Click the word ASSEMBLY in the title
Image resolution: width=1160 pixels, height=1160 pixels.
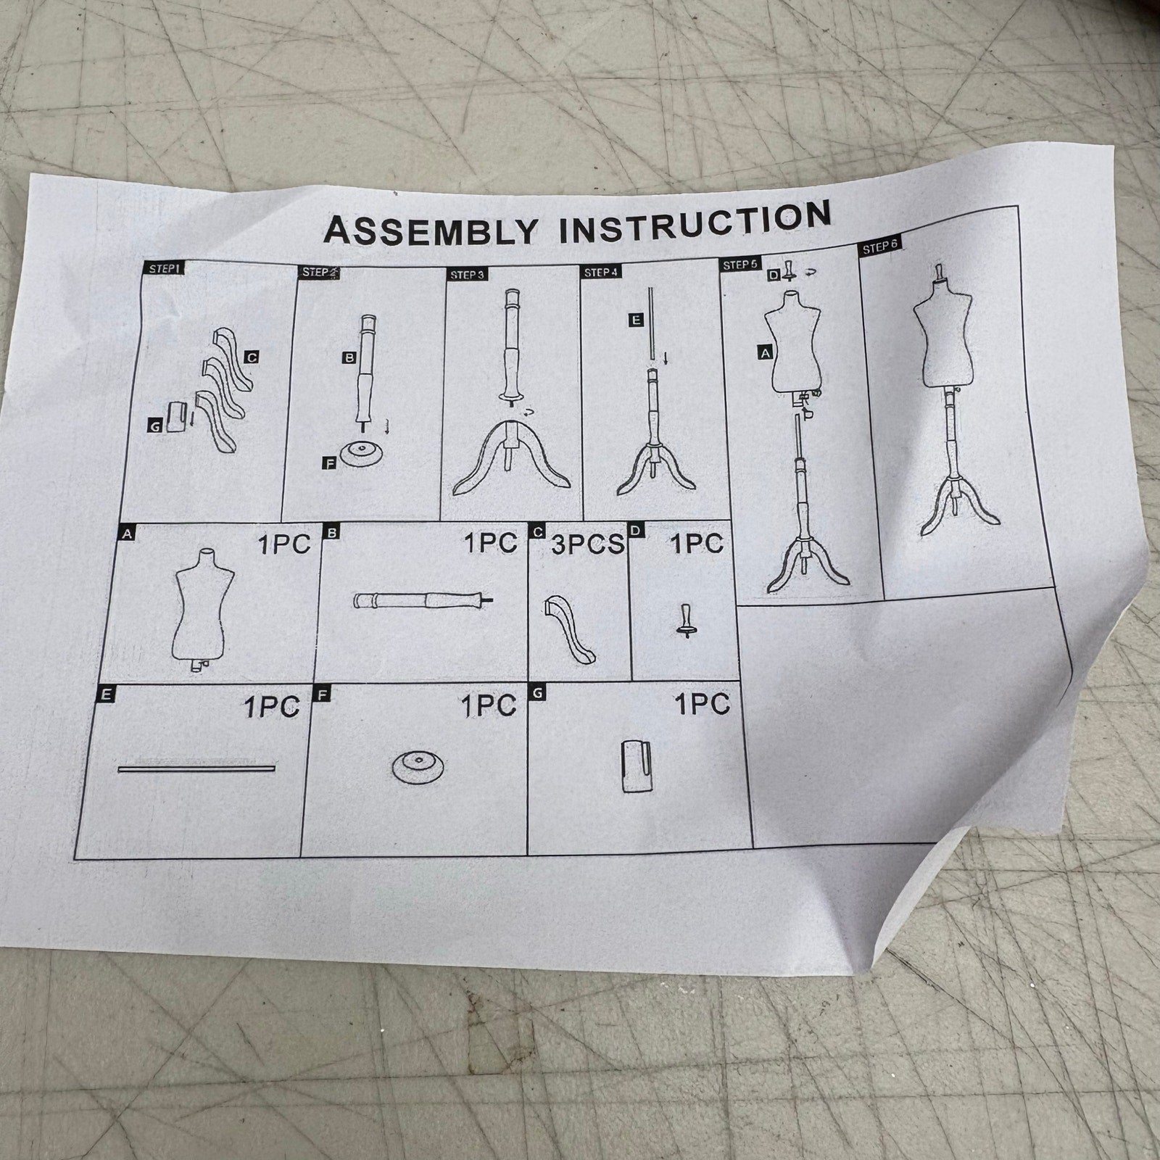pos(431,229)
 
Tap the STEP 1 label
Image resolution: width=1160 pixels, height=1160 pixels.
pos(164,268)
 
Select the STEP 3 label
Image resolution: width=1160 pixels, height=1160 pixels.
pos(466,275)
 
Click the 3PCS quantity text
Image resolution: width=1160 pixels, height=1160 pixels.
pos(587,544)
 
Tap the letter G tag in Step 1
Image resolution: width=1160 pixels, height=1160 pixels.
pos(154,427)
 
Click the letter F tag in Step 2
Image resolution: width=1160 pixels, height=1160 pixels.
pos(329,462)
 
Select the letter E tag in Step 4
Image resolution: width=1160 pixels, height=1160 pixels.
pos(636,320)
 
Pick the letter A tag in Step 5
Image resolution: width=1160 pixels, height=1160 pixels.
pos(764,352)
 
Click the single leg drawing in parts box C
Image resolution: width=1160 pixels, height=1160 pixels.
pos(570,628)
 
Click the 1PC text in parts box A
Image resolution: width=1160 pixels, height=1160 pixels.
pos(284,544)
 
